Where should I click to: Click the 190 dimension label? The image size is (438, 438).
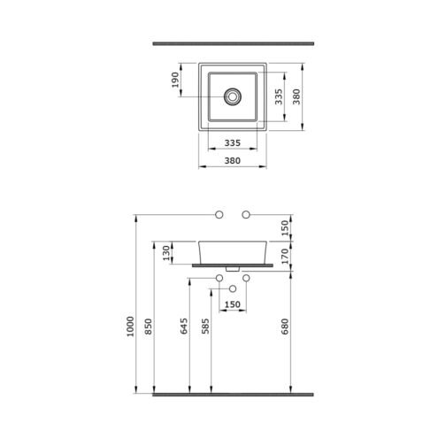pyautogui.click(x=175, y=80)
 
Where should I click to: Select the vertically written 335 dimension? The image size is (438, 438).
pyautogui.click(x=279, y=96)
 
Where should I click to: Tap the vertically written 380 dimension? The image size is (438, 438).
pyautogui.click(x=296, y=96)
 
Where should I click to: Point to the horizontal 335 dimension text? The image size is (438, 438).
pyautogui.click(x=233, y=143)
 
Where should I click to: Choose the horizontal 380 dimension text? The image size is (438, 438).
pyautogui.click(x=233, y=161)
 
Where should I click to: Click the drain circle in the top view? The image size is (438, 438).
pyautogui.click(x=233, y=96)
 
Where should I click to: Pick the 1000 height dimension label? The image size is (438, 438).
pyautogui.click(x=130, y=327)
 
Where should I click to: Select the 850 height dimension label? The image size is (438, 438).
pyautogui.click(x=149, y=327)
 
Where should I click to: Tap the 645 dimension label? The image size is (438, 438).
pyautogui.click(x=184, y=326)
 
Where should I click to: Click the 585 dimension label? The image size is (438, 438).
pyautogui.click(x=205, y=326)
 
